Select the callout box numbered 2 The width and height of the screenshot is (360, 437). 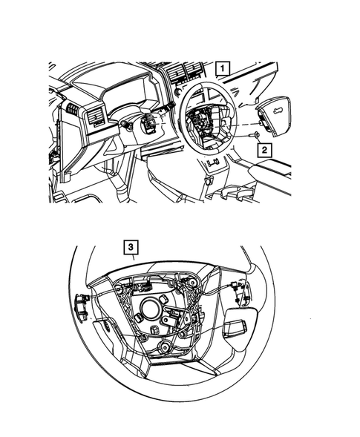click(263, 148)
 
